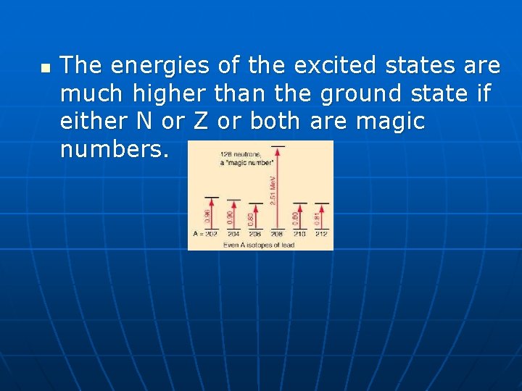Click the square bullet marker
click(45, 70)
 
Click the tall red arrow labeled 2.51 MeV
click(277, 188)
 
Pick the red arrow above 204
click(233, 216)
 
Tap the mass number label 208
click(277, 235)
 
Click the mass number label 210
click(299, 235)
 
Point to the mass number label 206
click(255, 235)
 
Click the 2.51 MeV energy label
click(272, 190)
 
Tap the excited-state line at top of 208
click(277, 146)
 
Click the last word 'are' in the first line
click(481, 67)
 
